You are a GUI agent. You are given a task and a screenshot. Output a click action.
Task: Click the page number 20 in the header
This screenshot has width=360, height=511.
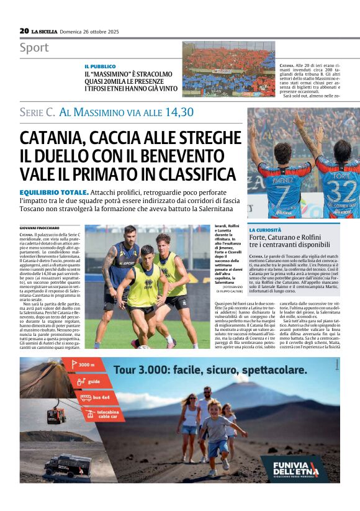pyautogui.click(x=24, y=30)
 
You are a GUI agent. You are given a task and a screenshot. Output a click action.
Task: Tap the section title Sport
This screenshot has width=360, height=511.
pyautogui.click(x=34, y=48)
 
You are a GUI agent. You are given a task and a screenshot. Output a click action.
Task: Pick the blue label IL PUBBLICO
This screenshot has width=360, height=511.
pyautogui.click(x=100, y=66)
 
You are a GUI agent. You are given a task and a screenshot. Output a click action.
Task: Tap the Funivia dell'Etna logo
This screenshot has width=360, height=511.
pyautogui.click(x=294, y=468)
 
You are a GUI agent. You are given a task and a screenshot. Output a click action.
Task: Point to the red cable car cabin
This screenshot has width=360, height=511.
pyautogui.click(x=56, y=415)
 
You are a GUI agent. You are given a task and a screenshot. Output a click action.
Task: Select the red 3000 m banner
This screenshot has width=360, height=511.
pyautogui.click(x=84, y=365)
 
